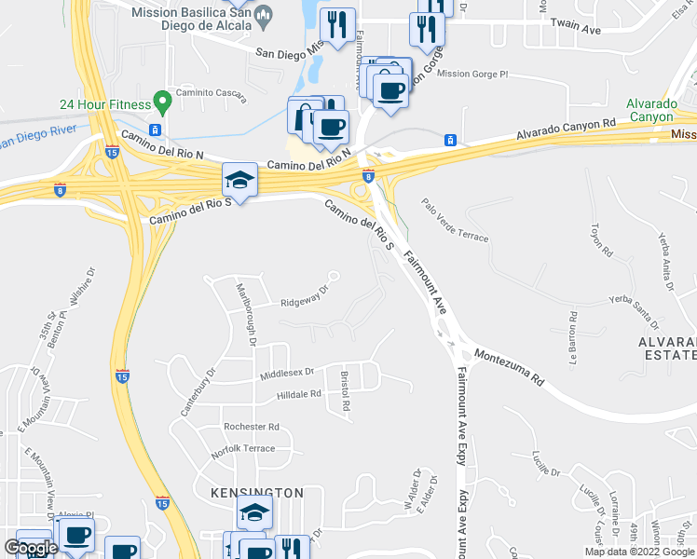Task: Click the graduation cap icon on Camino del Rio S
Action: [x=239, y=180]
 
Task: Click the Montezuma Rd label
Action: [x=508, y=367]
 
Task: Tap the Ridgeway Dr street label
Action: [x=306, y=297]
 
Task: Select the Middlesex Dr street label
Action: [x=288, y=373]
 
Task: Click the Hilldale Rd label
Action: [x=298, y=395]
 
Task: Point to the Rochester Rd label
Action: [x=252, y=427]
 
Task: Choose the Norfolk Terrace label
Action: [x=243, y=449]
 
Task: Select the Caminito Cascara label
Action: [x=214, y=96]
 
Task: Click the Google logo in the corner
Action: [x=31, y=549]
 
